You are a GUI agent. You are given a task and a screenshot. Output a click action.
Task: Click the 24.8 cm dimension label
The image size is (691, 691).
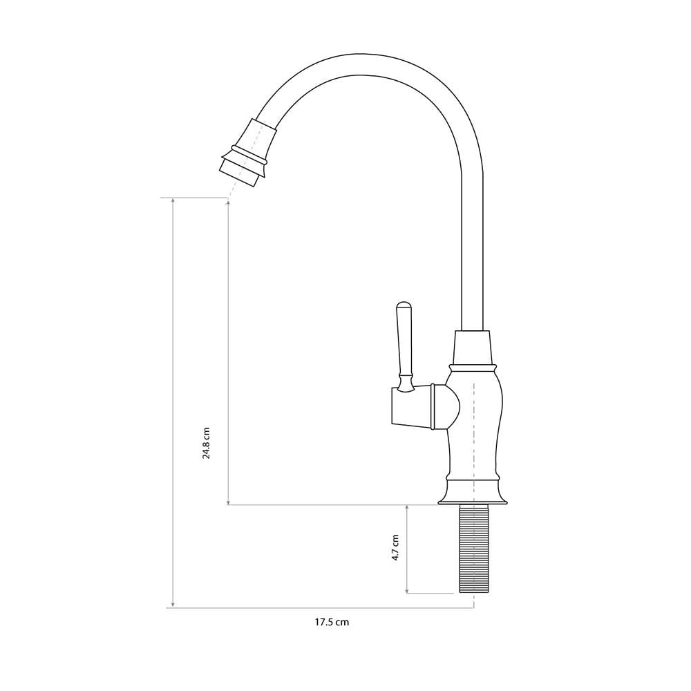click(x=206, y=442)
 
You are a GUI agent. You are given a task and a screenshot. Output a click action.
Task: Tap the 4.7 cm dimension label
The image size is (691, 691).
click(x=396, y=547)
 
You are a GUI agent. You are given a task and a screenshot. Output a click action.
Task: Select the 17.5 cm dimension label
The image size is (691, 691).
click(x=332, y=623)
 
